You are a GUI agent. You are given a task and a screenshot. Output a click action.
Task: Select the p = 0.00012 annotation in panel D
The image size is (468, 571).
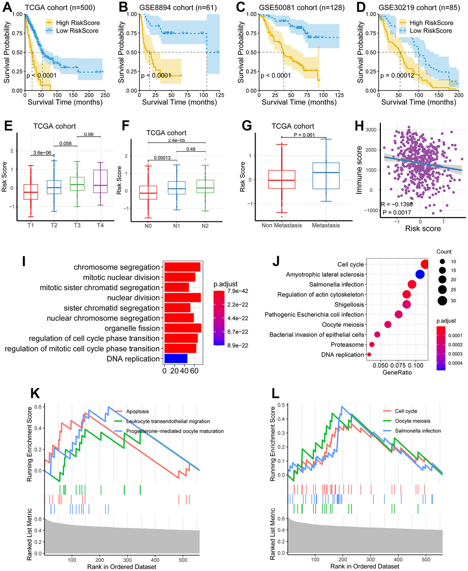pos(385,75)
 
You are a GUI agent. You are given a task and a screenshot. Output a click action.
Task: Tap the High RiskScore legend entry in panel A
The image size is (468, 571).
pos(78,22)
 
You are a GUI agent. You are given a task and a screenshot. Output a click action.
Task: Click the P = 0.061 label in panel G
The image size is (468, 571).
pos(303,134)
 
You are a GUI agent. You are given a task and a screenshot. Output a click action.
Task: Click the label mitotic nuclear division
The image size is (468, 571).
pos(122,277)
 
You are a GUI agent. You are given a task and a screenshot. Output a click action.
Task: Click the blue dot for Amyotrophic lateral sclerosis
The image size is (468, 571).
pos(419,275)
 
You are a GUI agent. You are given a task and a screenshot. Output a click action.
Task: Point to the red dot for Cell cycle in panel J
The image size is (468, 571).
pos(425,264)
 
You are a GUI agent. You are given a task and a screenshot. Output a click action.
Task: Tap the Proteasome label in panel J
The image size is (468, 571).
pos(347,345)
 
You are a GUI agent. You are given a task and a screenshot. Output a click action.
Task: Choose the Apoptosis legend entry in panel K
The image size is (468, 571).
pos(137,412)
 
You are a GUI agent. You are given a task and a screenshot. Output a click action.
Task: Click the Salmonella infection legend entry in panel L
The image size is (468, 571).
pos(418,431)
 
